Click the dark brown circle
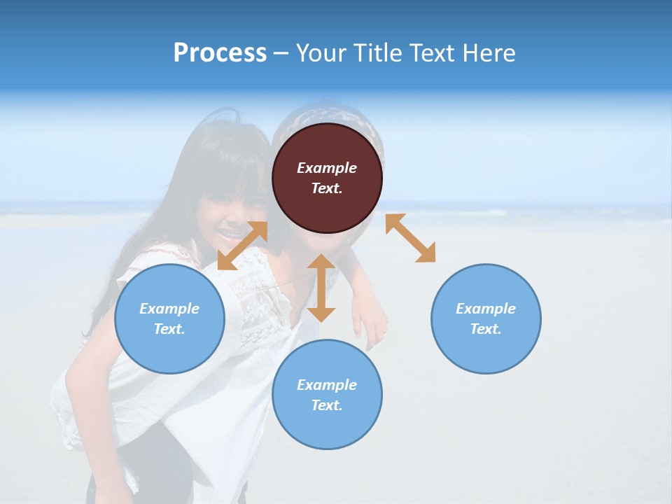tap(327, 178)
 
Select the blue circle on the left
tap(169, 318)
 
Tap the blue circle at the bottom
tap(327, 395)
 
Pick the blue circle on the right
tap(486, 318)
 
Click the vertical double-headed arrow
tap(321, 288)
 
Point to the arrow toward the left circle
tap(242, 246)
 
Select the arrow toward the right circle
tap(410, 238)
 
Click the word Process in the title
tap(220, 52)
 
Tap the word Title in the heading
tap(378, 52)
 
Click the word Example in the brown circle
tap(327, 168)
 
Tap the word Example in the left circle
tap(169, 309)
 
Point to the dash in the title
tap(281, 53)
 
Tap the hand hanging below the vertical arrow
tap(370, 325)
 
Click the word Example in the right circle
tap(486, 309)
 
